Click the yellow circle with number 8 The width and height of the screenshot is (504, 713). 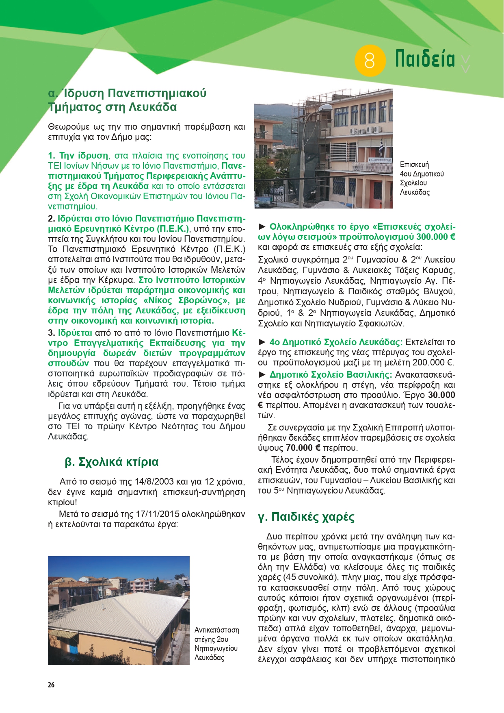tap(370, 61)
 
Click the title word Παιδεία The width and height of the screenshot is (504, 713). tap(425, 59)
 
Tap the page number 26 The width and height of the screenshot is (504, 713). tap(51, 685)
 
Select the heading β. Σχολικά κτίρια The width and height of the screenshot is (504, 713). tap(112, 462)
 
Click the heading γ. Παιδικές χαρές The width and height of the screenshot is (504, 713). tap(306, 517)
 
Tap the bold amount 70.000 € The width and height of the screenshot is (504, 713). tap(303, 448)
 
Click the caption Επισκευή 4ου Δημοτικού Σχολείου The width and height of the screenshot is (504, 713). tap(421, 178)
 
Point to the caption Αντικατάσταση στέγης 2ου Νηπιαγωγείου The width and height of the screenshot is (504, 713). tap(216, 644)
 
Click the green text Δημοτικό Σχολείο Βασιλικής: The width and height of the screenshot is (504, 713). tap(331, 375)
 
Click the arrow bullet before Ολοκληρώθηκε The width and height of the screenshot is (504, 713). tap(262, 226)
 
